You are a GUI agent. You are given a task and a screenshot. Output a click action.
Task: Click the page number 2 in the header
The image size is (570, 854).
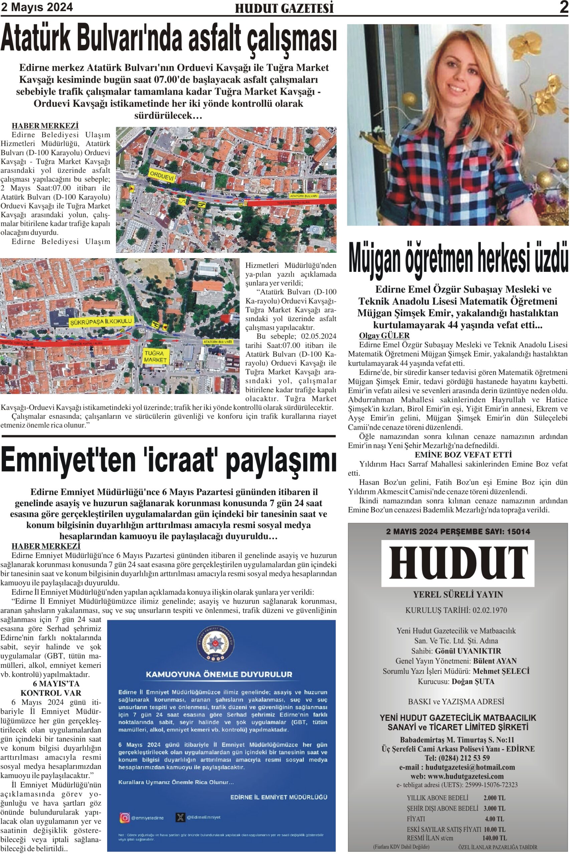point(563,7)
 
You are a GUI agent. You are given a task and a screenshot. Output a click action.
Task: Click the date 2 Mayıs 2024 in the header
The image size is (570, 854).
point(37,7)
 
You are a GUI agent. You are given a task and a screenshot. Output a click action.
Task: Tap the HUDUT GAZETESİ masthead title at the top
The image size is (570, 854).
point(284,8)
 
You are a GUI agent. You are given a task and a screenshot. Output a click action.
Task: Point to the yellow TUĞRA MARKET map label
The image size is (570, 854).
point(155,356)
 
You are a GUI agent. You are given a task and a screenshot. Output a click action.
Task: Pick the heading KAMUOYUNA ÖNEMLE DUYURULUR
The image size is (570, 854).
point(219,675)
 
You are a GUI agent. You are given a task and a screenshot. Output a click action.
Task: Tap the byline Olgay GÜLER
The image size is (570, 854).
point(384,336)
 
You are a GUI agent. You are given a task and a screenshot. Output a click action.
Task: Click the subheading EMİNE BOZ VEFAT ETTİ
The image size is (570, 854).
point(463,455)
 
